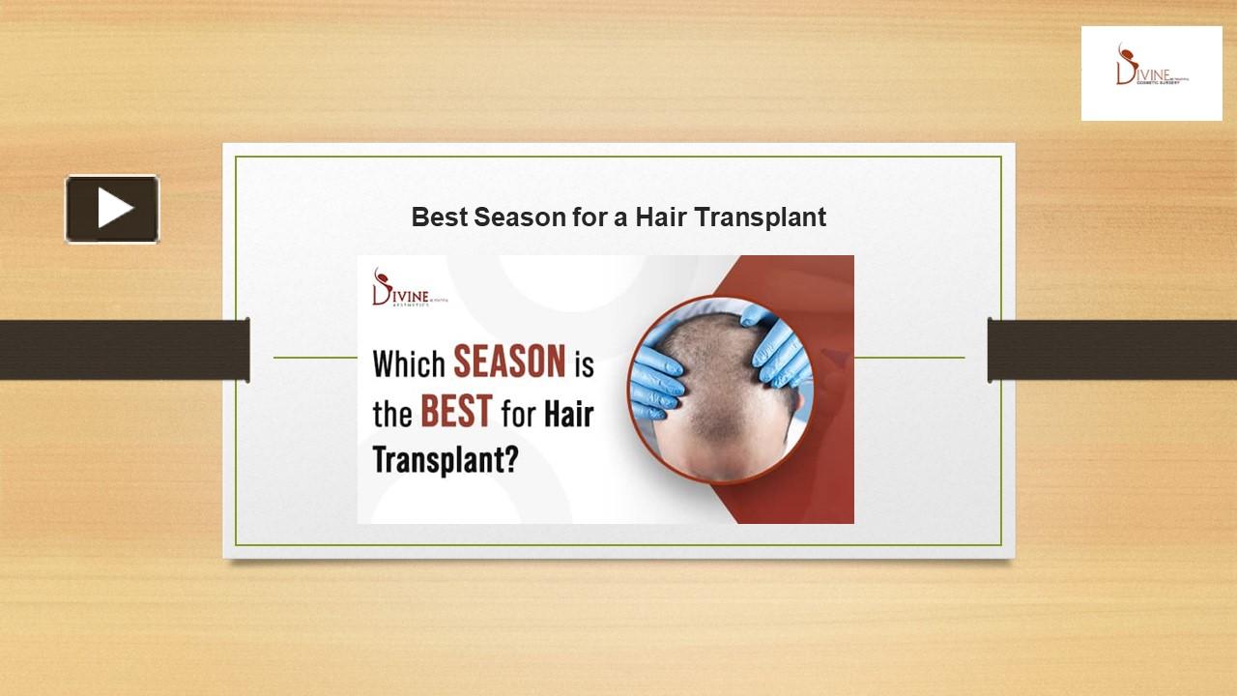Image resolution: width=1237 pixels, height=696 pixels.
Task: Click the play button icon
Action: [x=112, y=209]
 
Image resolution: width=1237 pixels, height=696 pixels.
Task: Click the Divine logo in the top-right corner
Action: [x=1151, y=72]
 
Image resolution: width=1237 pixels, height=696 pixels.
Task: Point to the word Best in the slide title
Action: [x=439, y=217]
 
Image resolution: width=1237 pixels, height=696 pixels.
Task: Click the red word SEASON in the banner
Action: [x=509, y=363]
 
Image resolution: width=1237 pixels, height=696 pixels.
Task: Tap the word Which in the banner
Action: [x=409, y=364]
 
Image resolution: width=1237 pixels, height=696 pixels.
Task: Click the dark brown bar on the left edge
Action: [x=124, y=349]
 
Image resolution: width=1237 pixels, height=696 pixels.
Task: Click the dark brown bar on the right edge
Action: [x=1112, y=349]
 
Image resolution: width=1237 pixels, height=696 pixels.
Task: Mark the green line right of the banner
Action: [x=908, y=358]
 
